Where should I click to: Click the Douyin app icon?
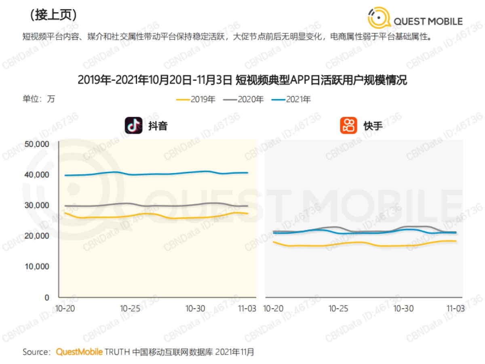click(133, 125)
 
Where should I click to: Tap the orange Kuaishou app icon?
click(348, 125)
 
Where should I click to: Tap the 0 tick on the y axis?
click(46, 297)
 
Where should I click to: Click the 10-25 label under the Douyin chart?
click(130, 308)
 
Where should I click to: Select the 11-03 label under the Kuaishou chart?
click(455, 308)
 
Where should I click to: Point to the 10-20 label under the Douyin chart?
click(65, 308)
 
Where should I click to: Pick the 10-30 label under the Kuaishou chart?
click(403, 308)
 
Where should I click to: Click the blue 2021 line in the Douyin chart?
click(162, 174)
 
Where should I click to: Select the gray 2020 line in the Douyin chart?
click(162, 205)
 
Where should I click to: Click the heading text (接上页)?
click(53, 15)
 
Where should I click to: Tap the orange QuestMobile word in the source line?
click(79, 352)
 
